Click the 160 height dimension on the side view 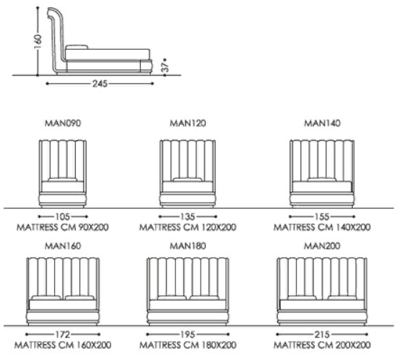pyautogui.click(x=38, y=41)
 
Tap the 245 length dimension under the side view pyautogui.click(x=100, y=84)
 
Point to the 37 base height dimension pyautogui.click(x=165, y=65)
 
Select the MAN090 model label pyautogui.click(x=63, y=123)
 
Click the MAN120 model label pyautogui.click(x=188, y=123)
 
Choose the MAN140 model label pyautogui.click(x=322, y=123)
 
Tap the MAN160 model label pyautogui.click(x=63, y=246)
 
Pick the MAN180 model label pyautogui.click(x=188, y=246)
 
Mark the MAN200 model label pyautogui.click(x=322, y=246)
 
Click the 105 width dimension pyautogui.click(x=63, y=216)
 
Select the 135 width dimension pyautogui.click(x=188, y=216)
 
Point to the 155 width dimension pyautogui.click(x=322, y=216)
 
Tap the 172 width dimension pyautogui.click(x=63, y=334)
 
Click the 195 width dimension pyautogui.click(x=188, y=334)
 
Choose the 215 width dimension pyautogui.click(x=322, y=334)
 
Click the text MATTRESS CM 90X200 pyautogui.click(x=63, y=227)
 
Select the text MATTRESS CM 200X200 pyautogui.click(x=322, y=345)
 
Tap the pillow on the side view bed pyautogui.click(x=76, y=47)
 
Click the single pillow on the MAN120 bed pyautogui.click(x=188, y=180)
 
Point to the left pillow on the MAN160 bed pyautogui.click(x=46, y=298)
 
